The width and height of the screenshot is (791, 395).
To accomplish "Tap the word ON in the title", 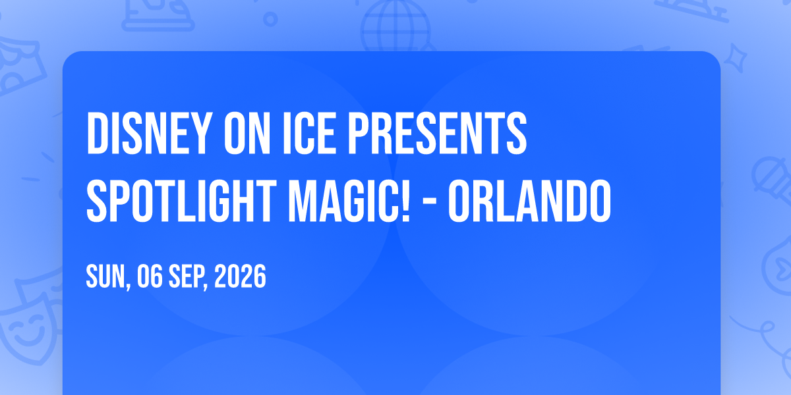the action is pyautogui.click(x=247, y=133).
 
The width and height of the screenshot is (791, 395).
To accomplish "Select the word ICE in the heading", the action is pyautogui.click(x=309, y=133).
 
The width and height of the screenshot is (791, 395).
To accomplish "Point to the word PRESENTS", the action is pyautogui.click(x=437, y=133).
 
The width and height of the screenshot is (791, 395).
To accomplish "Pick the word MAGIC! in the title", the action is pyautogui.click(x=349, y=201).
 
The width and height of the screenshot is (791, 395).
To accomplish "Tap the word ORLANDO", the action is pyautogui.click(x=530, y=201).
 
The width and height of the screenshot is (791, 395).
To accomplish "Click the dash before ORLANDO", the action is pyautogui.click(x=429, y=203).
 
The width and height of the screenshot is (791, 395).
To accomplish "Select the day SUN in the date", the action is pyautogui.click(x=107, y=278).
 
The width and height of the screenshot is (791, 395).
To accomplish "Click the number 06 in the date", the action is pyautogui.click(x=150, y=276).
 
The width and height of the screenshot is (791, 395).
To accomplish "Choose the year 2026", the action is pyautogui.click(x=240, y=276).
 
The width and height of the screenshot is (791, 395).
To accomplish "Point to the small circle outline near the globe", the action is pyautogui.click(x=270, y=19).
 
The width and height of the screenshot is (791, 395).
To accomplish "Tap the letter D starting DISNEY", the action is pyautogui.click(x=96, y=133).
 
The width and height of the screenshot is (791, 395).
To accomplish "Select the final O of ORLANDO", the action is pyautogui.click(x=601, y=201).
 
